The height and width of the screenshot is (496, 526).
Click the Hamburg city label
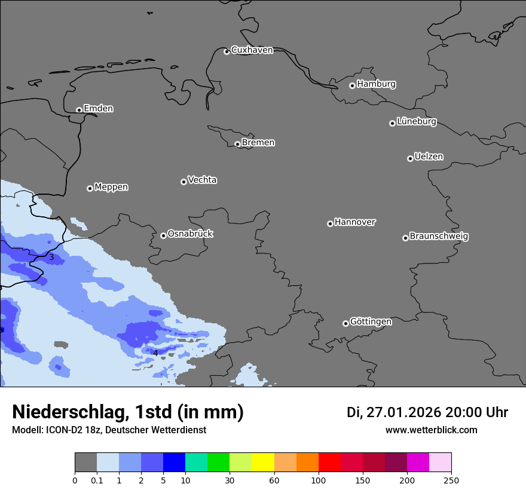(x=376, y=84)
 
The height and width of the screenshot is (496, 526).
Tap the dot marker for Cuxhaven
(x=227, y=52)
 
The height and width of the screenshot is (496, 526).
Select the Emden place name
(x=98, y=109)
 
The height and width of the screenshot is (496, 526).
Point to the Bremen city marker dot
(x=237, y=144)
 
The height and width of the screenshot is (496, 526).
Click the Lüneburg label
(x=416, y=122)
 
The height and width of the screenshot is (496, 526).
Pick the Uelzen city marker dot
(x=410, y=158)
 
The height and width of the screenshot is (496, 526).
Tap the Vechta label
(x=202, y=180)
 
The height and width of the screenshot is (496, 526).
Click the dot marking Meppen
(x=90, y=188)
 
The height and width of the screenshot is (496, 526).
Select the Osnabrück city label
(x=190, y=234)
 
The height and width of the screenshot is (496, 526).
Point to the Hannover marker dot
(x=330, y=223)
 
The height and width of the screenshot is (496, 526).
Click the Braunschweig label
(x=439, y=237)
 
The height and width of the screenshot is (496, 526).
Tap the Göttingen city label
(x=371, y=322)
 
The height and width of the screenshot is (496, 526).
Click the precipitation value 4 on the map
(x=155, y=353)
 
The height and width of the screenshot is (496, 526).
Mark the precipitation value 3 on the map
(x=51, y=258)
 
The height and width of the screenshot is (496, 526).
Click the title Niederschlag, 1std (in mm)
(x=128, y=412)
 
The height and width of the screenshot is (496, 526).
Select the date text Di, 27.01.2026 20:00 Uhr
(x=427, y=412)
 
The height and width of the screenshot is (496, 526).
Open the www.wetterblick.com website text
(x=431, y=430)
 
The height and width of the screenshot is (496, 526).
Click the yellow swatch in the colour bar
(x=263, y=463)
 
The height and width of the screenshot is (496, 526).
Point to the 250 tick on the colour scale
(x=451, y=480)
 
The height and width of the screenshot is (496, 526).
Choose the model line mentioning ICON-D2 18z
(x=109, y=430)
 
